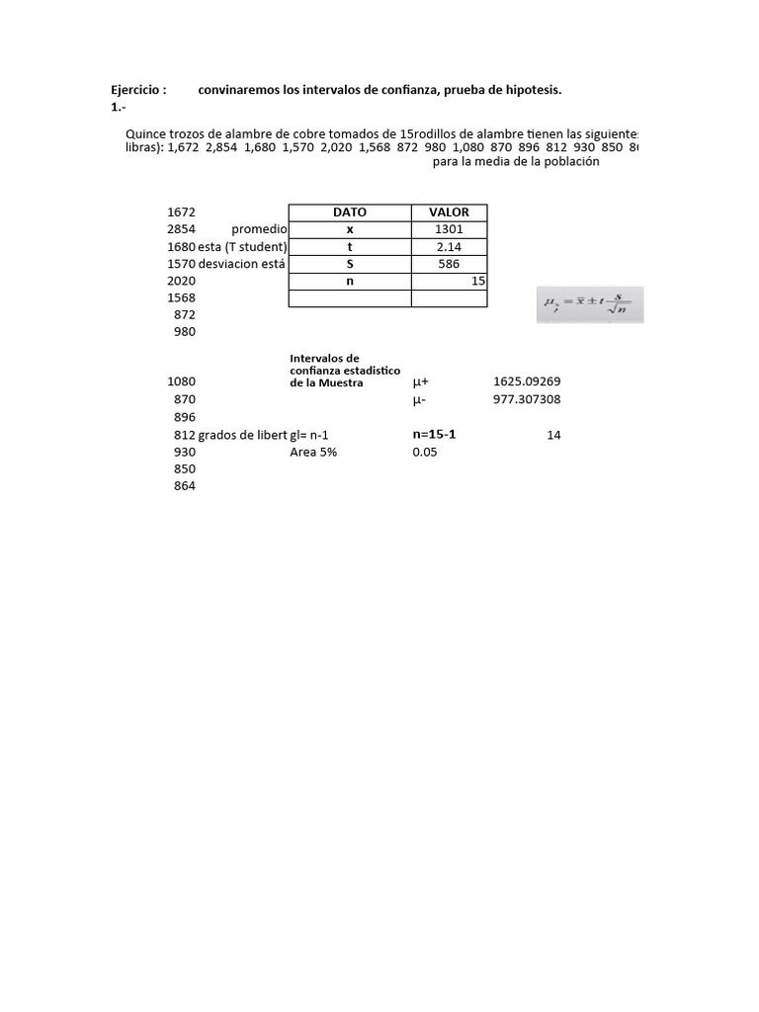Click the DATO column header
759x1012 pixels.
(x=349, y=212)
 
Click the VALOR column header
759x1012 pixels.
(x=449, y=212)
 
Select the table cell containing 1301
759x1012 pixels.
(x=449, y=229)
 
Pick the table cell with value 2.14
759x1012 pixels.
(x=449, y=247)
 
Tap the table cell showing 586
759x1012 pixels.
(x=449, y=264)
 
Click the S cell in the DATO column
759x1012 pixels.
(x=349, y=264)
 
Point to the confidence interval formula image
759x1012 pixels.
(x=589, y=305)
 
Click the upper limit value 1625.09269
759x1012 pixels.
(x=526, y=381)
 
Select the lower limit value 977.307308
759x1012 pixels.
(x=526, y=399)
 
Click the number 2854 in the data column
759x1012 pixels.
(x=182, y=229)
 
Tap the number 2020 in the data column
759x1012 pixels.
(x=182, y=281)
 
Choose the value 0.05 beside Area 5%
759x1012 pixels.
(x=425, y=452)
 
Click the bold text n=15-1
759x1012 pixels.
(x=434, y=434)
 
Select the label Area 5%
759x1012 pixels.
(x=313, y=452)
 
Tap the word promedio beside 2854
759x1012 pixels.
(x=259, y=229)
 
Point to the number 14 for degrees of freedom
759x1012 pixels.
(x=553, y=435)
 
